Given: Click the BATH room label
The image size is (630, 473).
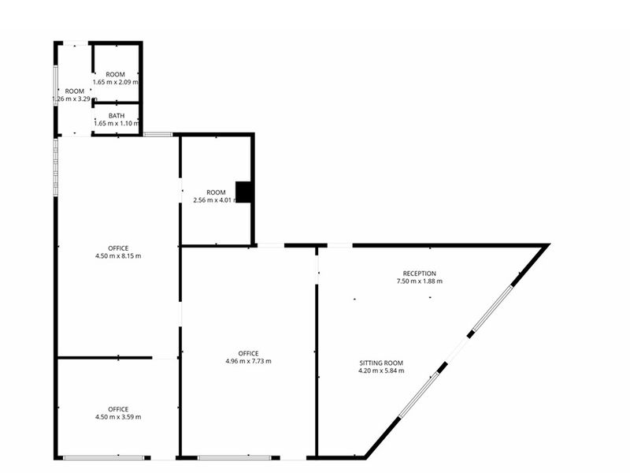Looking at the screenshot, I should [116, 115].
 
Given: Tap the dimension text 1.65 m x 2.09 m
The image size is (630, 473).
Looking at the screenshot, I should [116, 82].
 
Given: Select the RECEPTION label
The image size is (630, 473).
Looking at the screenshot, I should [418, 274].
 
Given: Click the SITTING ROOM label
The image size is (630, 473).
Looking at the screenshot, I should [380, 363].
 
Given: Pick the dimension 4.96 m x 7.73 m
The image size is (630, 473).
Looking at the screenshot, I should [248, 361].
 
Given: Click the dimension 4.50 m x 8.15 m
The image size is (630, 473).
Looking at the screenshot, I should [118, 256].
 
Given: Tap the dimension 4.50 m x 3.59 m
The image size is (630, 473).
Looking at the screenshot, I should [118, 417].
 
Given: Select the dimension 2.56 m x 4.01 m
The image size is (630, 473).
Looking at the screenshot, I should [216, 200].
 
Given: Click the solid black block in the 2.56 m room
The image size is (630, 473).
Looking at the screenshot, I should [244, 192].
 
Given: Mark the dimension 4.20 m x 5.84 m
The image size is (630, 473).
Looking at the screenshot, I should [380, 371].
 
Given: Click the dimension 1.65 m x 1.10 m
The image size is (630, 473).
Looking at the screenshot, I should [116, 123].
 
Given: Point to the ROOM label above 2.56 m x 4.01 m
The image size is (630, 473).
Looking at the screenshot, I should [216, 192].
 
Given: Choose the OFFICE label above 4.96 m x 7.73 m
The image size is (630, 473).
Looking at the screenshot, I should [248, 353].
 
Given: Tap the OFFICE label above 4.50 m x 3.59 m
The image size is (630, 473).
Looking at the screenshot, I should [118, 409].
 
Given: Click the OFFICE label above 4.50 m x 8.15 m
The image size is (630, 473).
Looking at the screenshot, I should [118, 248].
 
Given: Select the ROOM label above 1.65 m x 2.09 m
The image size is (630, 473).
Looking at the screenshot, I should [116, 74].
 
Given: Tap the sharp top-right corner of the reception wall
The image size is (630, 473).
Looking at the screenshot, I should [546, 247].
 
